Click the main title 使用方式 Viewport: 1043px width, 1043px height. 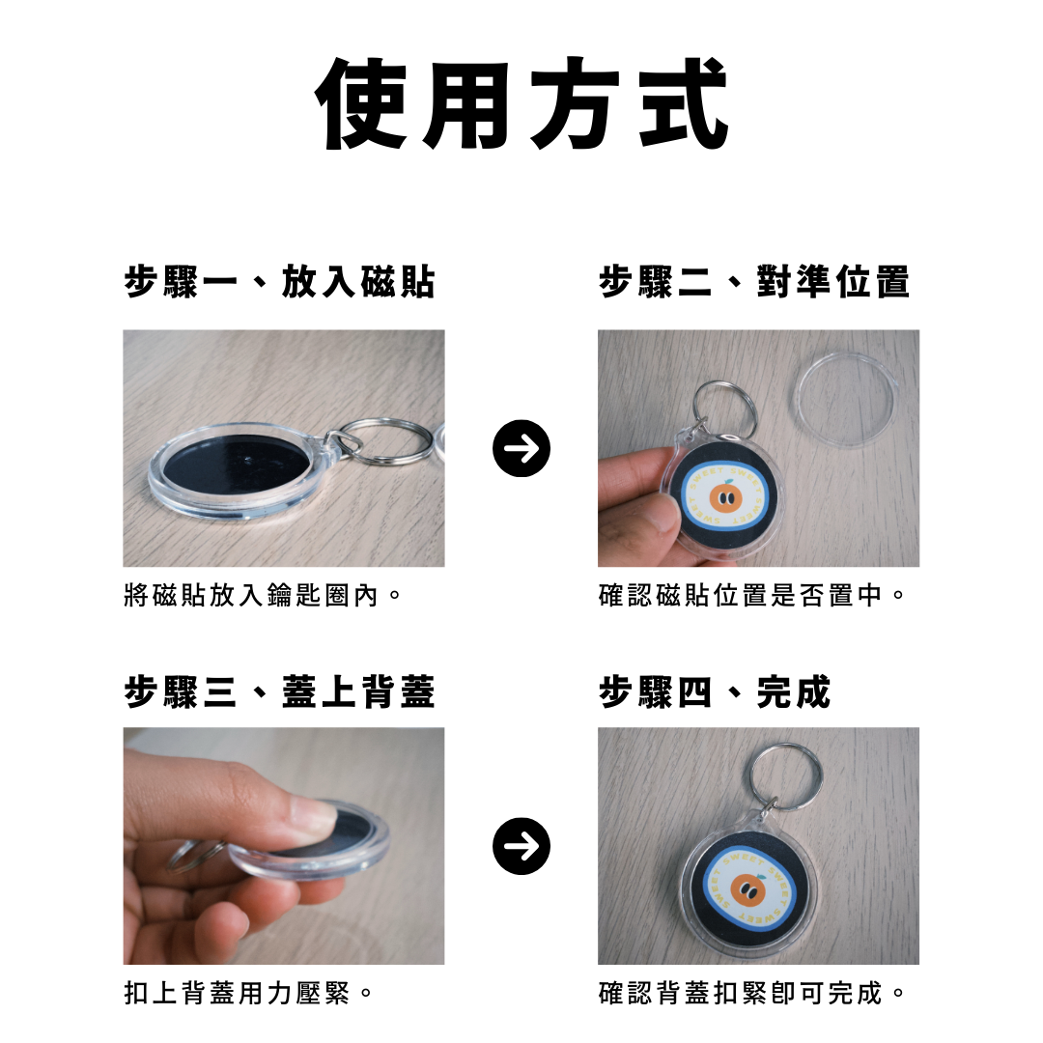pos(521,103)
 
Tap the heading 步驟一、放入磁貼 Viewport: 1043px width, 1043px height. pos(279,281)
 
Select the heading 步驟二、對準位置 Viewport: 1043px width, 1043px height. pos(753,281)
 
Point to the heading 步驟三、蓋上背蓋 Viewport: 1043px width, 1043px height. pos(279,691)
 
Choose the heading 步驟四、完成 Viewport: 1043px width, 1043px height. pos(715,691)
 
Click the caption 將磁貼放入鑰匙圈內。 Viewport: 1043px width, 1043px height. pos(263,595)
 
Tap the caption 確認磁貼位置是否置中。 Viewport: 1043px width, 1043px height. pos(751,595)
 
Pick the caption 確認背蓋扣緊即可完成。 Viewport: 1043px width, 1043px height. pos(751,993)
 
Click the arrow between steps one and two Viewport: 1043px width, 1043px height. pos(521,448)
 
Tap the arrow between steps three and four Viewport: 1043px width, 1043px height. pos(521,846)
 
